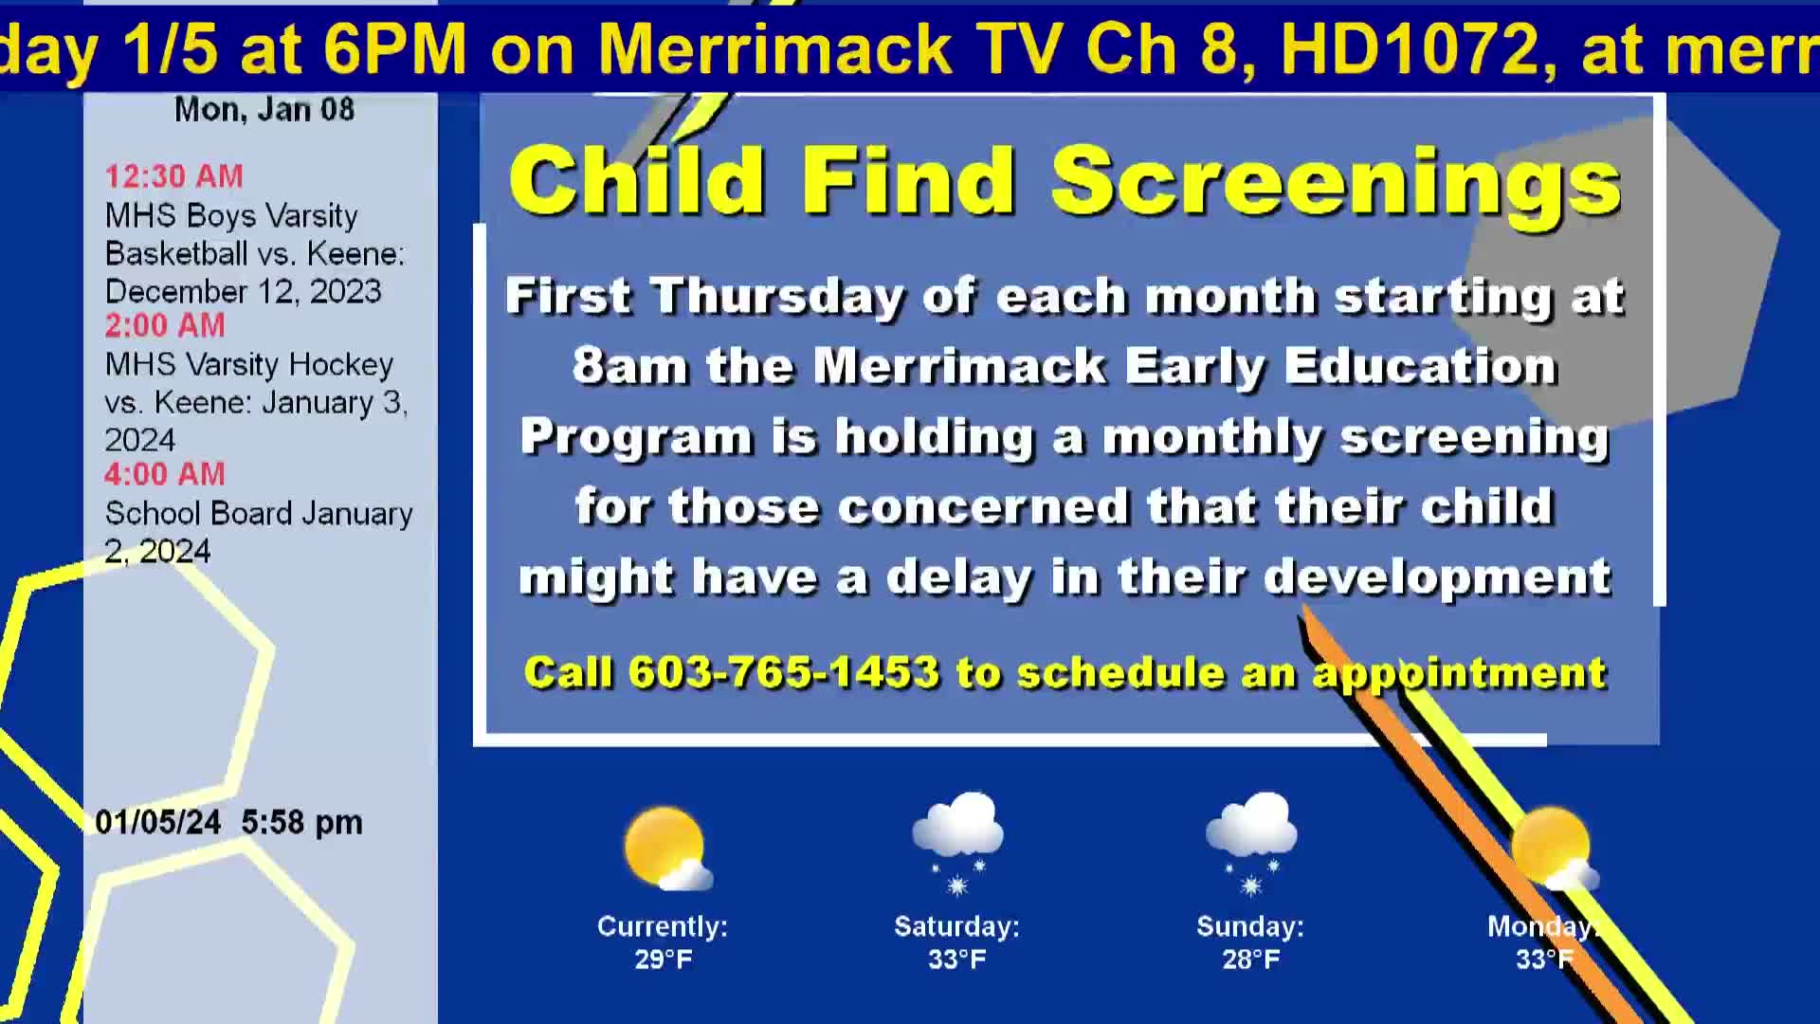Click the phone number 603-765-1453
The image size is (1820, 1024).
tap(783, 672)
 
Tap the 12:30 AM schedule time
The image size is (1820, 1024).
tap(173, 175)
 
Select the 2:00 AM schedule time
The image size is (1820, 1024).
tap(165, 324)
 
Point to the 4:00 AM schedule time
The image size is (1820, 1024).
tap(165, 473)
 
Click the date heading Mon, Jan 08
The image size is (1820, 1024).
tap(264, 110)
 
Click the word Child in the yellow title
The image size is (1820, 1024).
tap(636, 178)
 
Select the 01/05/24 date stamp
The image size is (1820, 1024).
tap(158, 821)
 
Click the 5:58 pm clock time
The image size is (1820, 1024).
tap(301, 822)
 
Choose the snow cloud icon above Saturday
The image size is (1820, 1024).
tap(957, 843)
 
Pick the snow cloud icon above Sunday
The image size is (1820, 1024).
tap(1251, 843)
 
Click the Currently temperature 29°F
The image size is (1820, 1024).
tap(664, 960)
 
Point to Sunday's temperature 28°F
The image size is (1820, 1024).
tap(1251, 960)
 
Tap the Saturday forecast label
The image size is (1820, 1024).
tap(956, 926)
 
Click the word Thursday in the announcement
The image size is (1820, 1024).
tap(777, 298)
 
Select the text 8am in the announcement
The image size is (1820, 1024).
tap(630, 366)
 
